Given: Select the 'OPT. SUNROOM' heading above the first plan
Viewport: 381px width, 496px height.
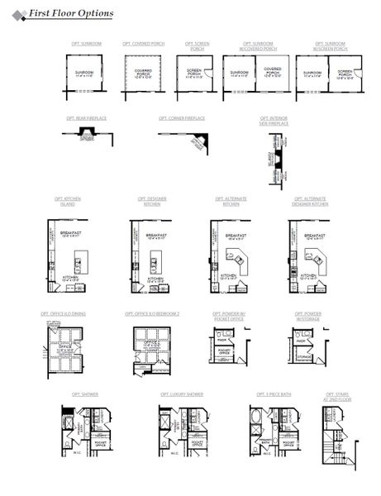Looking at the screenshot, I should [86, 43].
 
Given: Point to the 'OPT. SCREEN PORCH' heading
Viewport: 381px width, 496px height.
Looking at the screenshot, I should [196, 45].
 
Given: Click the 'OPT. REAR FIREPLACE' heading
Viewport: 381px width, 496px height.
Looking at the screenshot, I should [86, 118].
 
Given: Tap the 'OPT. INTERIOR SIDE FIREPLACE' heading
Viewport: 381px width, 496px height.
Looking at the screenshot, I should [279, 120].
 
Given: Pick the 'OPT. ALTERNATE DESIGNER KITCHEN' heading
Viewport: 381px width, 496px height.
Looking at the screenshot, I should [310, 201].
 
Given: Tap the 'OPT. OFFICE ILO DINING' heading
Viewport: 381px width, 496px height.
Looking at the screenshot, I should [65, 314].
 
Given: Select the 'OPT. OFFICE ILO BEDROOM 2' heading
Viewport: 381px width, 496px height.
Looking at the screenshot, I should [152, 314].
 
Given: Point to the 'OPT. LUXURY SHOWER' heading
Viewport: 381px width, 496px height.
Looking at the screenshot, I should [182, 394].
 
